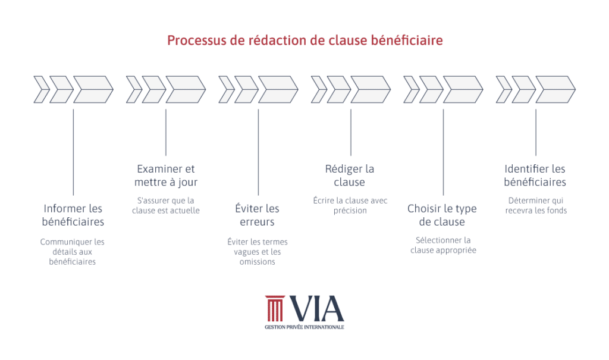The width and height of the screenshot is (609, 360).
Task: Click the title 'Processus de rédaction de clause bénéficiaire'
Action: pyautogui.click(x=304, y=40)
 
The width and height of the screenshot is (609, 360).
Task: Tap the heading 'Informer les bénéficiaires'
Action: pyautogui.click(x=73, y=215)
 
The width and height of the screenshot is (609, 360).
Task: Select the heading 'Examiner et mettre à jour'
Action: pyautogui.click(x=166, y=176)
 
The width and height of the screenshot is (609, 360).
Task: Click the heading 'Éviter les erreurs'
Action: pyautogui.click(x=258, y=215)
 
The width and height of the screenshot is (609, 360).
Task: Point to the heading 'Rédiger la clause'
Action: pyautogui.click(x=350, y=176)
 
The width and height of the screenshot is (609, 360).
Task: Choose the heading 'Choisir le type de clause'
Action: pyautogui.click(x=442, y=215)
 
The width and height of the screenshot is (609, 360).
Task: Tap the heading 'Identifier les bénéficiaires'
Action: pyautogui.click(x=535, y=176)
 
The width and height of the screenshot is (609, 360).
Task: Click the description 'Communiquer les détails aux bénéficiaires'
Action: pyautogui.click(x=73, y=252)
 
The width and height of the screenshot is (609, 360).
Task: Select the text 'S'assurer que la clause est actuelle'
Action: pyautogui.click(x=166, y=205)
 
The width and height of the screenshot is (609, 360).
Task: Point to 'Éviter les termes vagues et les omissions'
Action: pyautogui.click(x=258, y=252)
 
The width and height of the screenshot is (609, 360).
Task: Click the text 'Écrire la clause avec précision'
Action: pyautogui.click(x=350, y=205)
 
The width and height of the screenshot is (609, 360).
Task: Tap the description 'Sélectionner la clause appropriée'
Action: pyautogui.click(x=443, y=245)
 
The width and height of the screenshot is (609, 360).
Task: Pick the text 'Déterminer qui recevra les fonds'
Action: pyautogui.click(x=536, y=205)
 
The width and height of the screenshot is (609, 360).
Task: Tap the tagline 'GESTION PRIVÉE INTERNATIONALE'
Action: pyautogui.click(x=304, y=327)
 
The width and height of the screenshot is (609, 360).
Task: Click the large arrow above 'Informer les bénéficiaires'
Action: pyautogui.click(x=93, y=89)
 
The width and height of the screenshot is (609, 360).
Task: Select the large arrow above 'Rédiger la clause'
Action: pyautogui.click(x=370, y=89)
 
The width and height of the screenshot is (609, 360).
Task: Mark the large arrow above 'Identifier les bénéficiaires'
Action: pyautogui.click(x=555, y=89)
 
